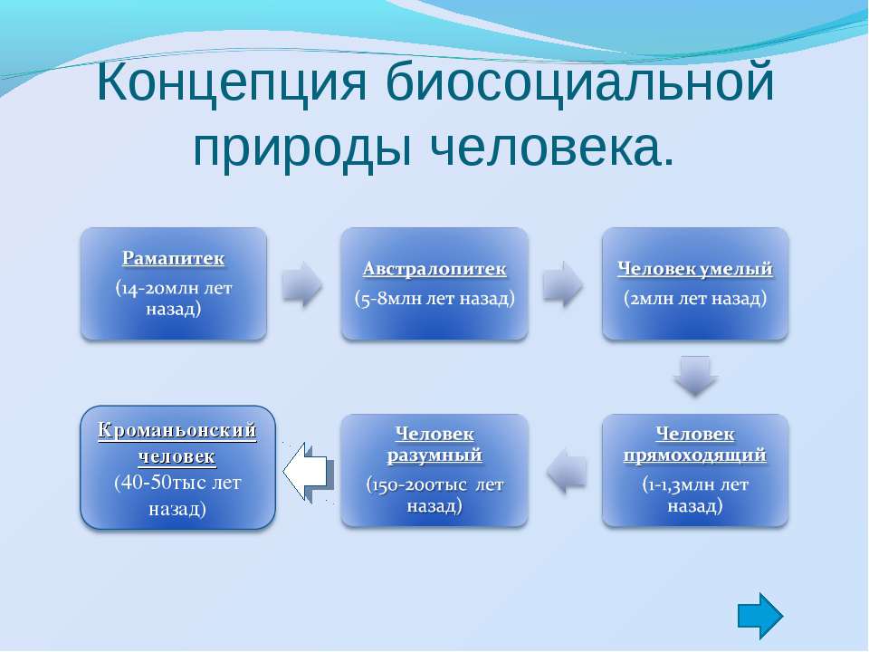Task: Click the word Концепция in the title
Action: tap(231, 84)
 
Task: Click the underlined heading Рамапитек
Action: tap(174, 258)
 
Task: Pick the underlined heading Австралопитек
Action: tap(434, 269)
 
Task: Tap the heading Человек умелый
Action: tap(695, 269)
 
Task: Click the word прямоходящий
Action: tap(695, 455)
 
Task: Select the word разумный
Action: tap(434, 455)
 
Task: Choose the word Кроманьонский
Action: tap(177, 429)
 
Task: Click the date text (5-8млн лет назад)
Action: tap(434, 298)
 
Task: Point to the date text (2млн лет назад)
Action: tap(695, 298)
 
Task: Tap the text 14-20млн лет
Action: tap(174, 288)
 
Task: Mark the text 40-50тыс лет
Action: tap(177, 483)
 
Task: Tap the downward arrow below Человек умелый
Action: tap(695, 376)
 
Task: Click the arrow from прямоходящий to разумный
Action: tap(567, 471)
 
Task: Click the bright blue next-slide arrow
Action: tap(760, 616)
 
